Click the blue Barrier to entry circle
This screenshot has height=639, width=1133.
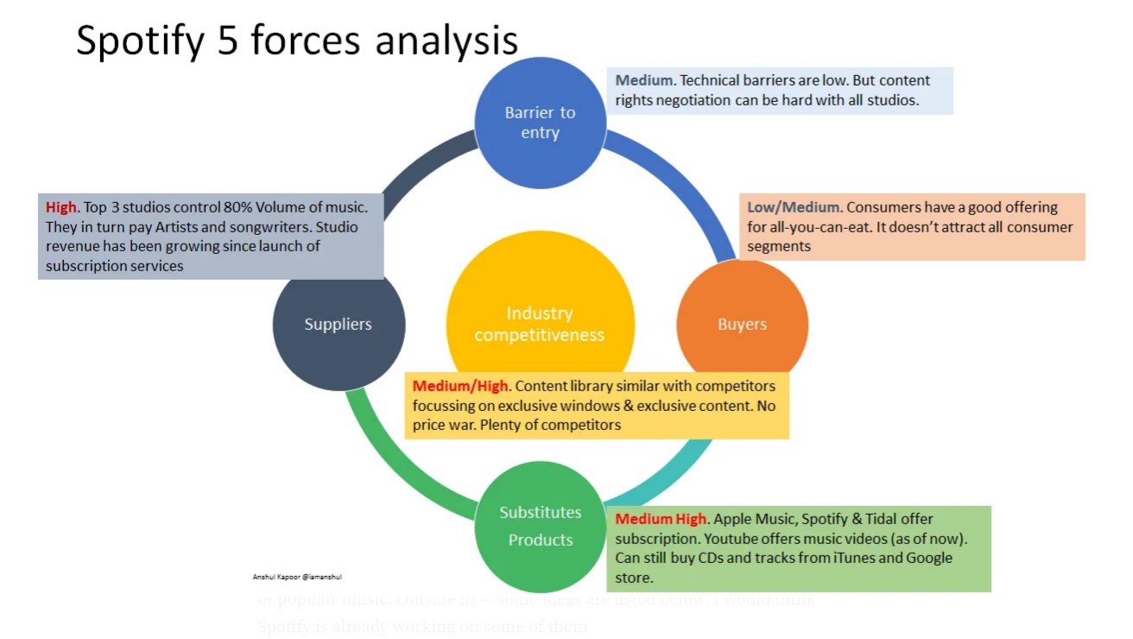tap(541, 123)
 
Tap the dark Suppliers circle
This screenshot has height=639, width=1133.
tap(339, 325)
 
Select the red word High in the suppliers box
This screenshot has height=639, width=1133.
tap(61, 207)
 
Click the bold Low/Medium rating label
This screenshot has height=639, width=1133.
tap(793, 207)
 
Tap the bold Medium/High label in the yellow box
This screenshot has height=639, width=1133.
tap(459, 386)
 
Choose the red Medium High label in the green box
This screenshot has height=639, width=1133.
tap(661, 519)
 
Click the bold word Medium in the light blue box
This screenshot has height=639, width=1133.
tap(643, 80)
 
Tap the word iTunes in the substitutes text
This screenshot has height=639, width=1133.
tap(858, 558)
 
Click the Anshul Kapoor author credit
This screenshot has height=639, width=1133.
tap(297, 576)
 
